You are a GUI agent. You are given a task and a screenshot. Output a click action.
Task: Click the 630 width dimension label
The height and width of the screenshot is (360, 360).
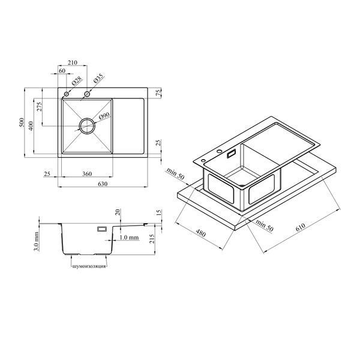pos(103,184)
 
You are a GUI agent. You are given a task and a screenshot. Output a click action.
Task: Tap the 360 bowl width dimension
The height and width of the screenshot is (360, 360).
pos(87,174)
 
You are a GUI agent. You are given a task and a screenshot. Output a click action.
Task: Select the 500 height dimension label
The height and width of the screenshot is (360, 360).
pos(22,122)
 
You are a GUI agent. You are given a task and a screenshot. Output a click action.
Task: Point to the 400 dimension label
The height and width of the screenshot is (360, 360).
pos(31,125)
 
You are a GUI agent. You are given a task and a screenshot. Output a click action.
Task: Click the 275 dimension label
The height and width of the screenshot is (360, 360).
pos(40,107)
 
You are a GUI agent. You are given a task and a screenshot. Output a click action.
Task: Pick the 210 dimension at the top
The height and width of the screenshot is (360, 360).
pos(73,62)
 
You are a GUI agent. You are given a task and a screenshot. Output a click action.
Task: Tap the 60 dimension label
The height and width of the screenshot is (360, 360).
pos(62,71)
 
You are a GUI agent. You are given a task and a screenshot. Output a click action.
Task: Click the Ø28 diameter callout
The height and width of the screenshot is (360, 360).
pos(76,81)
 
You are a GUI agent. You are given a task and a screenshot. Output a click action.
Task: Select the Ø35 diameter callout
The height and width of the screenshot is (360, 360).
pos(98,79)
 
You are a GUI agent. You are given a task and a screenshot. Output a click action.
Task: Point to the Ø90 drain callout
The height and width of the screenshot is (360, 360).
pos(104,116)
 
